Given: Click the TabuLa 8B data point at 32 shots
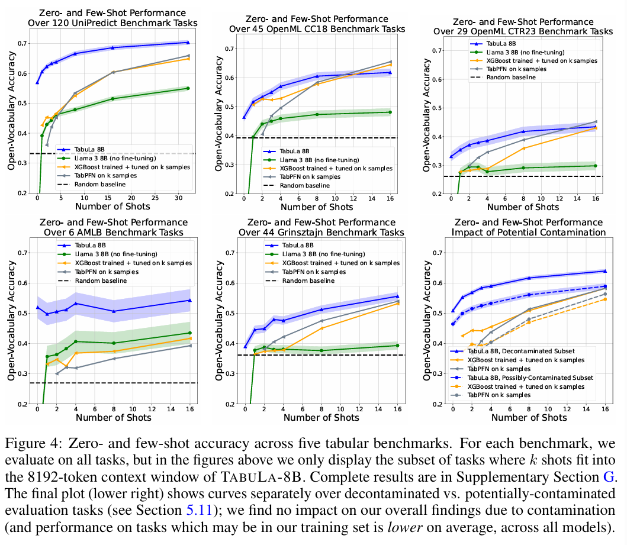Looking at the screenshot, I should click(x=188, y=42).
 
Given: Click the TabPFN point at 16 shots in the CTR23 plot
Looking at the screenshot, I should click(x=596, y=121).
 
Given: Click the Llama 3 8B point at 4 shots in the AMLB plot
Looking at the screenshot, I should click(x=76, y=341).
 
